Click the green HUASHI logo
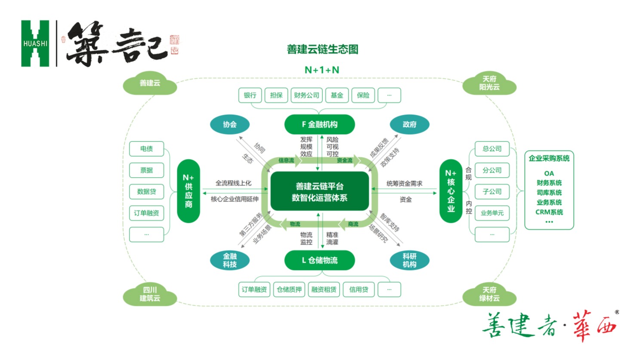pos(35,43)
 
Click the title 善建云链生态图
pos(322,49)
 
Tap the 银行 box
pos(250,95)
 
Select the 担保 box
pos(276,95)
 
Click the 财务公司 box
pos(306,95)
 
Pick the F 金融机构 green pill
pos(319,124)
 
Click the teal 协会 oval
pos(229,124)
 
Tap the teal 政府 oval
pos(409,124)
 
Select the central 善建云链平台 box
pos(319,192)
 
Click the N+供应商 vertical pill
pos(189,191)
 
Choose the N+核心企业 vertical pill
pos(451,191)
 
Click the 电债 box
pos(146,149)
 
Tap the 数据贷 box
pos(146,191)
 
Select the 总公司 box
pos(492,149)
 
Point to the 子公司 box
pos(492,191)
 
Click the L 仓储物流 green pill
pos(319,260)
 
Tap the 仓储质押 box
pos(289,289)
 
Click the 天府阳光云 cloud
pos(489,83)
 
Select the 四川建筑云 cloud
pos(150,294)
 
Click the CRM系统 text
pos(549,212)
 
